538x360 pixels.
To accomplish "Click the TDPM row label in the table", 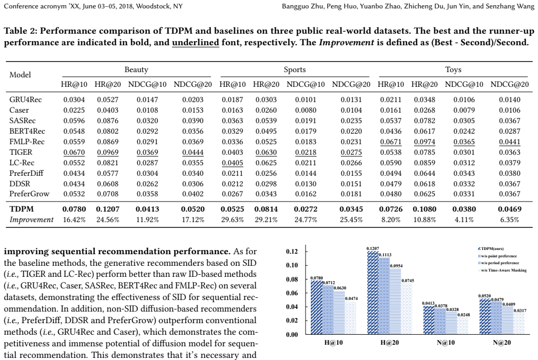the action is tap(21, 209).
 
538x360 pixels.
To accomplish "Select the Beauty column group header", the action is tap(136, 69).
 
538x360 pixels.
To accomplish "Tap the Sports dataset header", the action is tap(295, 69).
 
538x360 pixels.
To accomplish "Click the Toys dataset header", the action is tap(453, 69).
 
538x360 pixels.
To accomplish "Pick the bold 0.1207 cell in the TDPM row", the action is tap(107, 209).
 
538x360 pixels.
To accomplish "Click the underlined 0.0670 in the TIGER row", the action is tap(74, 152).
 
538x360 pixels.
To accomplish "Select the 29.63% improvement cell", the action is tap(232, 219).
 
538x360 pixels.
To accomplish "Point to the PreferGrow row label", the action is tap(29, 194).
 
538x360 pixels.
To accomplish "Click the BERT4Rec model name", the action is tap(27, 131).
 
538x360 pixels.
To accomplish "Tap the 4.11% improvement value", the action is tap(464, 219).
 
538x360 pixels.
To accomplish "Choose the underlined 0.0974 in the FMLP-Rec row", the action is tap(424, 142).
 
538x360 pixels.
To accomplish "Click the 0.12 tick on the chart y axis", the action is tap(292, 252).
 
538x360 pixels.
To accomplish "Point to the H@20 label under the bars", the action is tap(390, 343).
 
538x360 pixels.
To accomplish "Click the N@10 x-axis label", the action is tap(445, 343).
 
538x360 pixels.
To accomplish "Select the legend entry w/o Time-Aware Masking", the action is tap(502, 271).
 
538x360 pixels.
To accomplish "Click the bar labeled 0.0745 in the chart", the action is tap(407, 308).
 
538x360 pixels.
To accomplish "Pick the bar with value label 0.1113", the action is tap(384, 296).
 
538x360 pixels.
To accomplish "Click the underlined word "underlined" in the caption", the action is tap(195, 43).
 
